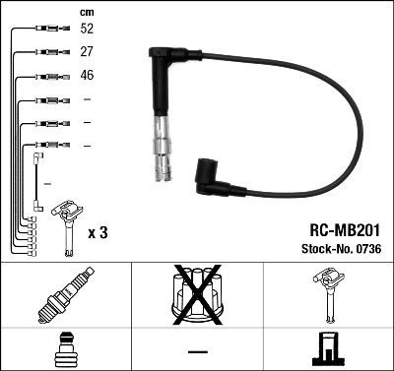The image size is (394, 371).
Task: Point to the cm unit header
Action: pos(85,11)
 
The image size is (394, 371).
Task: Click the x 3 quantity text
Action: pos(98,231)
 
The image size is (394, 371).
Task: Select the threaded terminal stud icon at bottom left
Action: pos(65,347)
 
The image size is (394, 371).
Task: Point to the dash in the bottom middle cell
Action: pos(197,350)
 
